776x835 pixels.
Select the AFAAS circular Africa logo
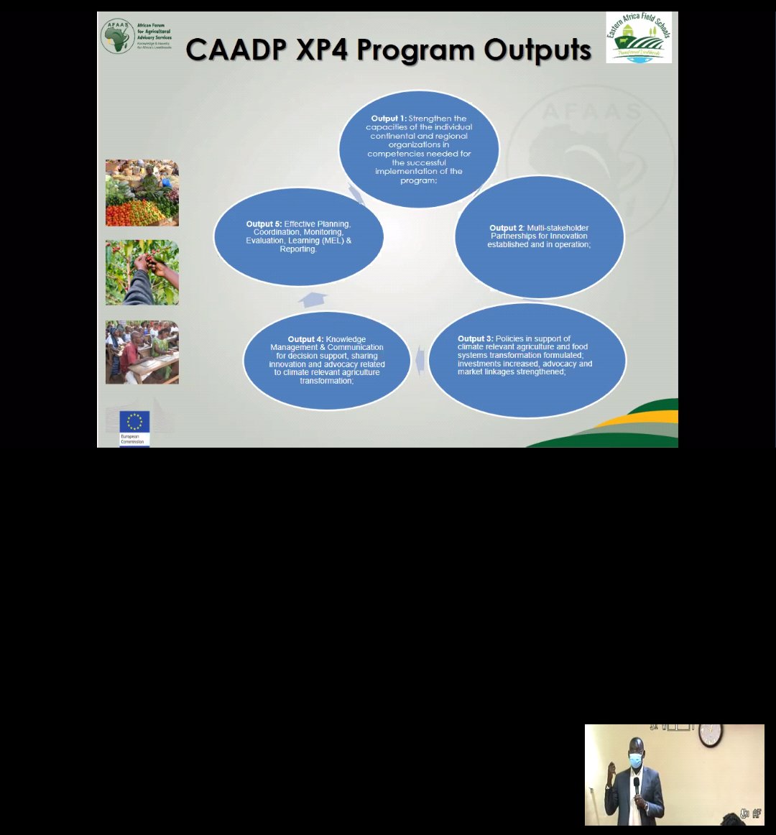tap(116, 37)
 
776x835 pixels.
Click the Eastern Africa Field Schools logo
tap(639, 37)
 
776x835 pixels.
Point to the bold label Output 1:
tap(389, 118)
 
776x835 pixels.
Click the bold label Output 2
tap(503, 228)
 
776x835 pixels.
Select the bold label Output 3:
tap(476, 338)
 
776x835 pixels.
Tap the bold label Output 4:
tap(305, 339)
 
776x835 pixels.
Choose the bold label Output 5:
tap(264, 224)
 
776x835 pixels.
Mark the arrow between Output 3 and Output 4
tap(420, 361)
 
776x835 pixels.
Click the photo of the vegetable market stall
tap(142, 193)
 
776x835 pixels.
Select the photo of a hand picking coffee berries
tap(142, 272)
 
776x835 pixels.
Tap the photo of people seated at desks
tap(142, 352)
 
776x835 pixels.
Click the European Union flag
tap(134, 421)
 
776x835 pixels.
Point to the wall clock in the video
tap(710, 734)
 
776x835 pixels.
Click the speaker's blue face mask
tap(634, 760)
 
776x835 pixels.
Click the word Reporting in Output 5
tap(298, 249)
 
